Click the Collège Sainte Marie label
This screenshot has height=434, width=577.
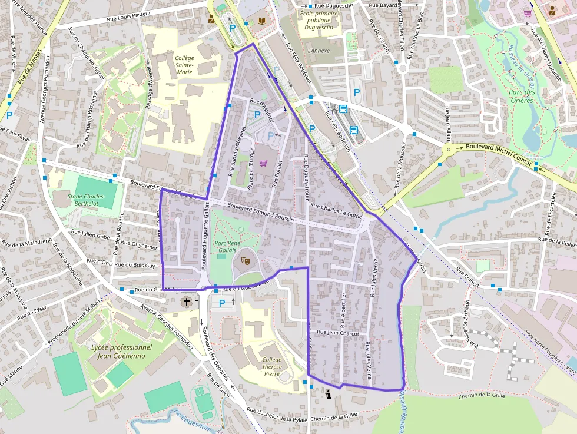point(184,65)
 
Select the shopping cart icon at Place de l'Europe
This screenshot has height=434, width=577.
point(264,163)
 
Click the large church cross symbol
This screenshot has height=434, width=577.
point(187,302)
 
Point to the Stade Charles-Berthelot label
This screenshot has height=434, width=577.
point(86,200)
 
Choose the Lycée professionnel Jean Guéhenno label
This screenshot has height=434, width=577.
point(122,352)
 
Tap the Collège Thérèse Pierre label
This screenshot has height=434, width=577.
point(271,366)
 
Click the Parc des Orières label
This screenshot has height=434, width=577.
point(521,96)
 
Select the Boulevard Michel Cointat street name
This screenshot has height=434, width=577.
point(498,154)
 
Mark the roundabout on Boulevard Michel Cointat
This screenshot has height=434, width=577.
point(447,150)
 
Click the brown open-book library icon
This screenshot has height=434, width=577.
point(262,21)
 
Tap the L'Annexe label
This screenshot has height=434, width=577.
point(319,51)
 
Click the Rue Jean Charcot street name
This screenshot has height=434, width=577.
point(337,333)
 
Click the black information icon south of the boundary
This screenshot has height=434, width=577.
point(328,395)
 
